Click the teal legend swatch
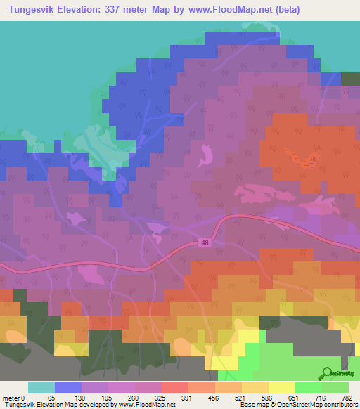coord(41,387)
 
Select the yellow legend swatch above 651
coord(281,387)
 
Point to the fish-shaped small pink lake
coord(205,155)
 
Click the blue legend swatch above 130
coord(67,387)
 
